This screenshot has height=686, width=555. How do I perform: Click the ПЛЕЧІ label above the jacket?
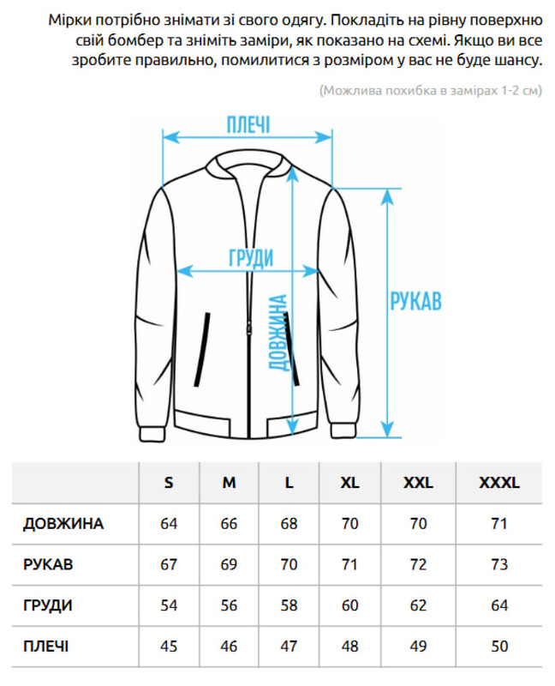click(x=248, y=124)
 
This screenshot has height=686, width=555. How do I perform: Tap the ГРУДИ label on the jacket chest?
click(x=251, y=258)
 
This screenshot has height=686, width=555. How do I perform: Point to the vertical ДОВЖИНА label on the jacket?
click(x=278, y=333)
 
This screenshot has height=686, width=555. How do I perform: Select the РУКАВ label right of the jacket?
click(x=415, y=301)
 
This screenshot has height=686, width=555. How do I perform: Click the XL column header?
click(x=349, y=483)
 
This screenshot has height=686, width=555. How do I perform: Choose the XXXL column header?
click(x=499, y=483)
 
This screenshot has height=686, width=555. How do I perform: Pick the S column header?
click(x=169, y=483)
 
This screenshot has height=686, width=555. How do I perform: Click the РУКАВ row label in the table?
click(x=48, y=564)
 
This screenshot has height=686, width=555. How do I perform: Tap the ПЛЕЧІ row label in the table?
click(x=46, y=647)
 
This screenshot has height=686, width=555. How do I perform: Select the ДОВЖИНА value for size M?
click(x=229, y=523)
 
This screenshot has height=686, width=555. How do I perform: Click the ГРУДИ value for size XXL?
click(x=418, y=605)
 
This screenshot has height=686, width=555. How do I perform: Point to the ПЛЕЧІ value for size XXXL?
click(x=499, y=647)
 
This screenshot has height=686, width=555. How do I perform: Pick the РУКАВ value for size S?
click(x=169, y=564)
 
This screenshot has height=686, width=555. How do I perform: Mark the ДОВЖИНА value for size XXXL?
click(x=499, y=523)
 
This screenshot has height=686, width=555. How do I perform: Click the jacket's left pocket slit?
click(x=202, y=349)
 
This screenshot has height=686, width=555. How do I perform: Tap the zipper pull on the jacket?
click(x=249, y=328)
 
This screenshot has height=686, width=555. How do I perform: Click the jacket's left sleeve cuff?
click(x=152, y=434)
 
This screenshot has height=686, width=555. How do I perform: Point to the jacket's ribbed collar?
click(x=248, y=163)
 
